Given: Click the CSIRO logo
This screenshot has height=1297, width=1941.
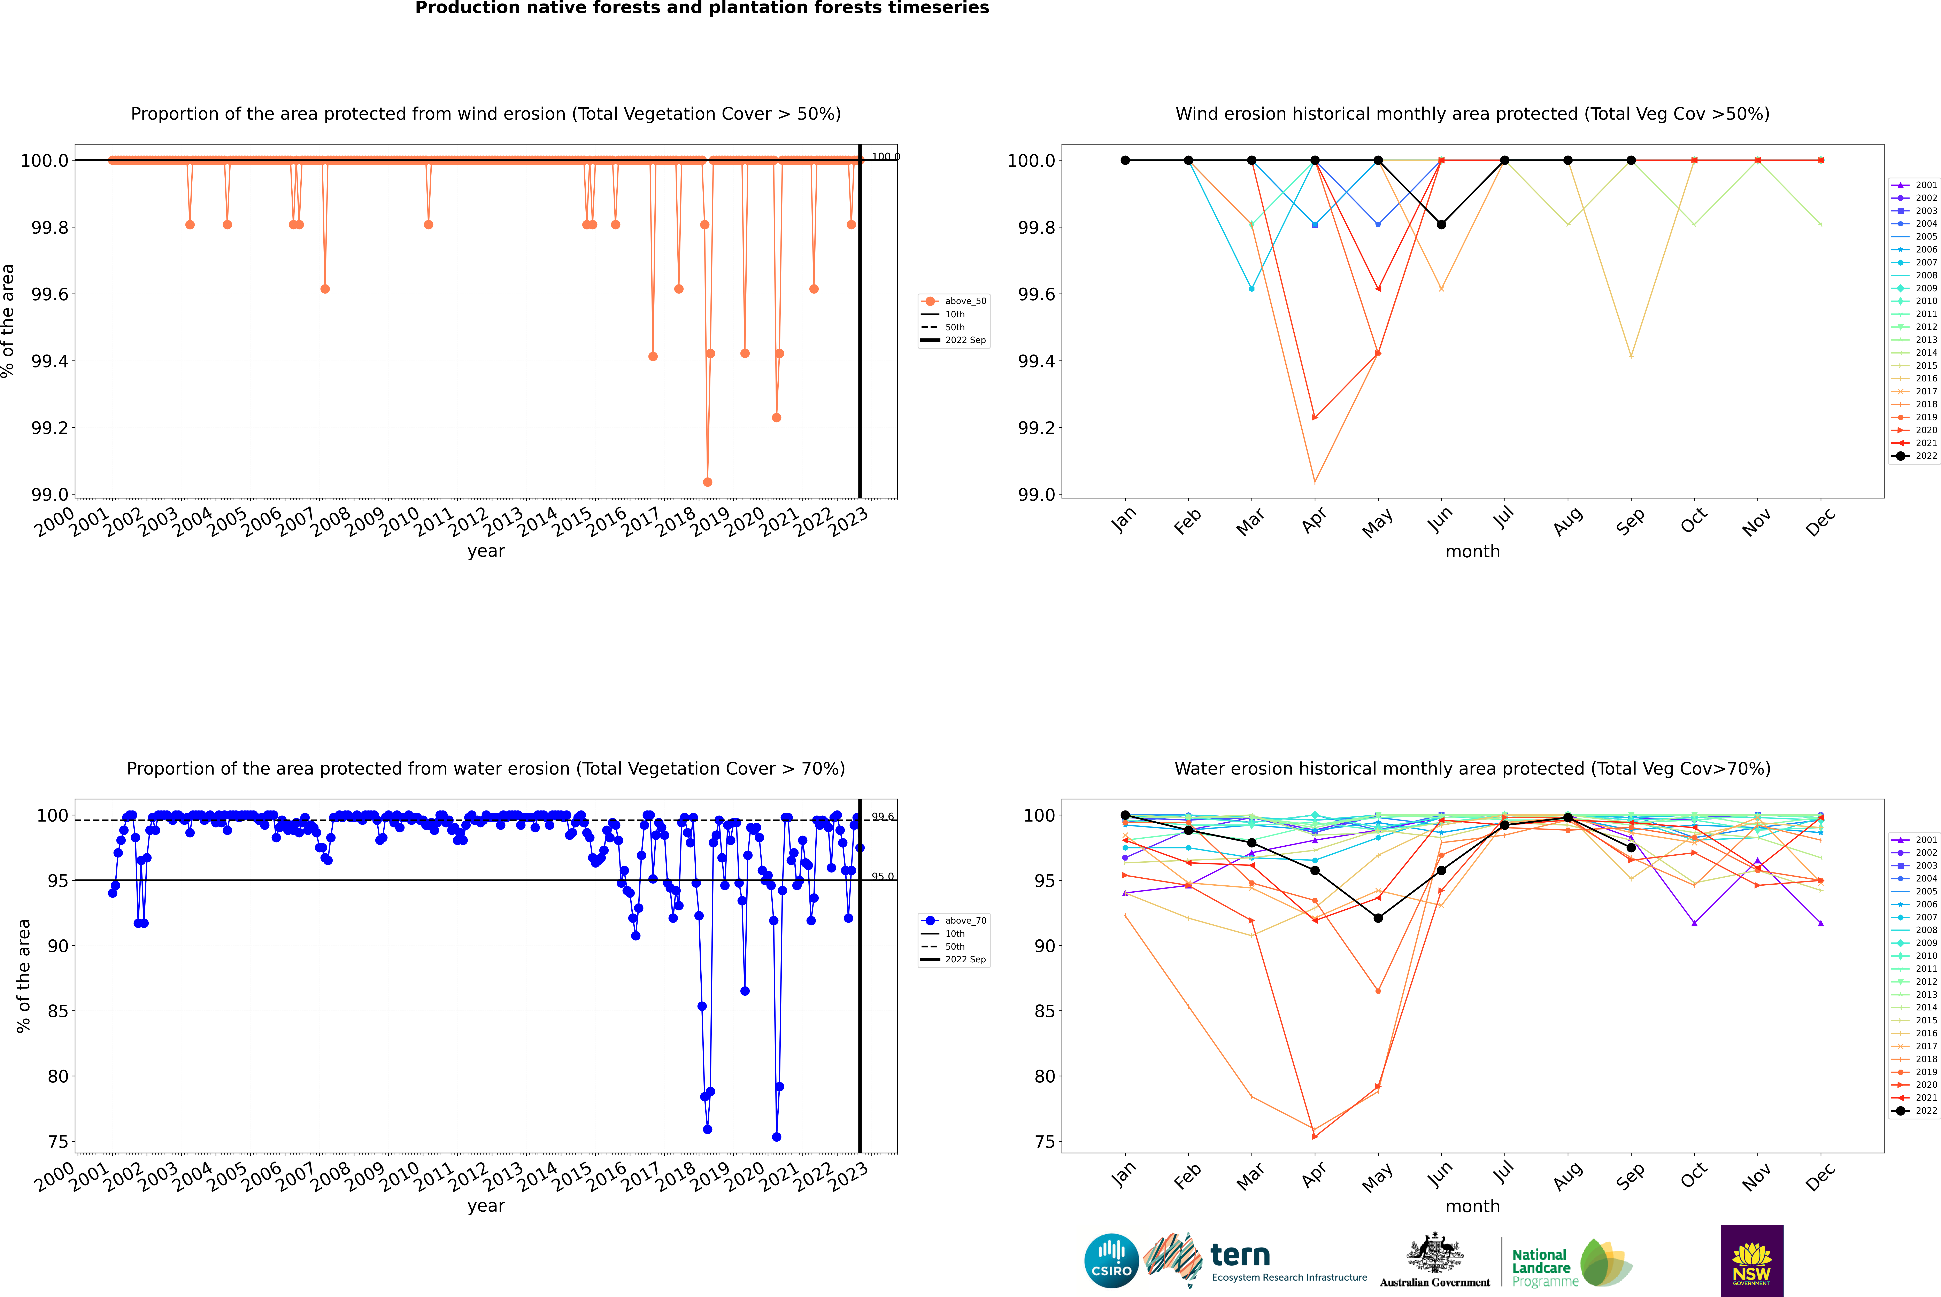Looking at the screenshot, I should point(1111,1261).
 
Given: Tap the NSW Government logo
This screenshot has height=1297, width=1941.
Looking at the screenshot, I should point(1751,1261).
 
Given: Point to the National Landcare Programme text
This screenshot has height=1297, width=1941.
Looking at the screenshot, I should point(1541,1267).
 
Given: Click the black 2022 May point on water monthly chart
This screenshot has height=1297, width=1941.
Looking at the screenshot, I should point(1378,918).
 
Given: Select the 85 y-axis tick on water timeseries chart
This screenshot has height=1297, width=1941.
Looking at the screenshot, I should point(58,1011).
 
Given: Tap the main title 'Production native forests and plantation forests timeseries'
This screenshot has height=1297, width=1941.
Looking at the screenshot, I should point(702,8).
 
